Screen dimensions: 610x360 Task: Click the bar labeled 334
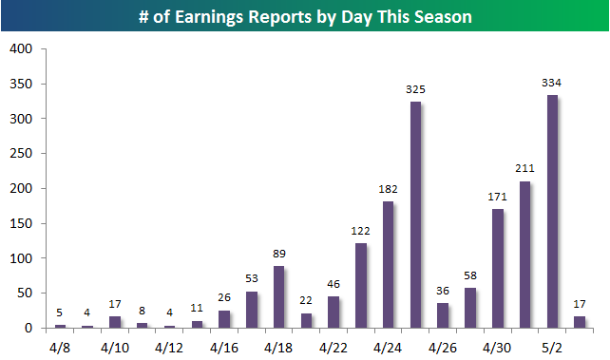point(552,212)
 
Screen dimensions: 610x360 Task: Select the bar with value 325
point(415,215)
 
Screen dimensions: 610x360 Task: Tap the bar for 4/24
point(389,265)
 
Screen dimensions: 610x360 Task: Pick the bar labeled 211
point(524,255)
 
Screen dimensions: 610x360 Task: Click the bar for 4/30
point(498,269)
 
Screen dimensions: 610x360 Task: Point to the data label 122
point(360,231)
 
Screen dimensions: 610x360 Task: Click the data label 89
point(279,254)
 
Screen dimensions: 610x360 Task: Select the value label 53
point(252,278)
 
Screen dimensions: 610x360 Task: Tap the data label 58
point(470,275)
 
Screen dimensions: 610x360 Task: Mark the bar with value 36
point(443,315)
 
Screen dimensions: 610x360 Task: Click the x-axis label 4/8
point(60,348)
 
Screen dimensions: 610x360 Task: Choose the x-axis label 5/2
point(552,348)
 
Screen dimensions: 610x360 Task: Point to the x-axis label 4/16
point(224,348)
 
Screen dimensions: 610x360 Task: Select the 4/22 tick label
point(334,348)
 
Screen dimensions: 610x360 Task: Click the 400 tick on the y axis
point(21,49)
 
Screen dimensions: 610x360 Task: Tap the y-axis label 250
point(21,154)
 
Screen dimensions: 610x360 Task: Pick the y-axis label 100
point(21,258)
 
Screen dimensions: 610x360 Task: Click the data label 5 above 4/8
point(59,313)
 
